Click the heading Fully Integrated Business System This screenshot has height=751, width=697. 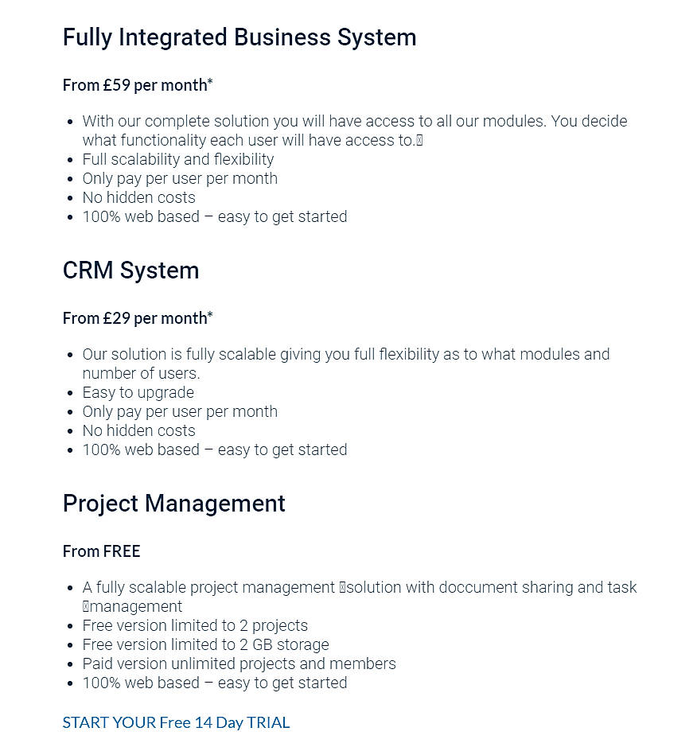pyautogui.click(x=239, y=37)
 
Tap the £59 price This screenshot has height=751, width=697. pyautogui.click(x=117, y=85)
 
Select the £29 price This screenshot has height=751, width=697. pyautogui.click(x=117, y=318)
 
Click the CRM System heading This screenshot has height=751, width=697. pyautogui.click(x=130, y=270)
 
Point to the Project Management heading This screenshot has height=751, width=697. pyautogui.click(x=173, y=504)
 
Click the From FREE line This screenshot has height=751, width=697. pyautogui.click(x=101, y=551)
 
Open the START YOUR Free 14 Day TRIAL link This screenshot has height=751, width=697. pyautogui.click(x=176, y=722)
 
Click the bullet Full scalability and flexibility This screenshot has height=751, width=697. pyautogui.click(x=177, y=159)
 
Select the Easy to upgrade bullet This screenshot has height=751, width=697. pyautogui.click(x=138, y=392)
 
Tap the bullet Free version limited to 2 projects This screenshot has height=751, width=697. pyautogui.click(x=195, y=625)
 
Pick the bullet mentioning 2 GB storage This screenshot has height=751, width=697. pyautogui.click(x=205, y=644)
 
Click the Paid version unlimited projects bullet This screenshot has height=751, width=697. pyautogui.click(x=239, y=663)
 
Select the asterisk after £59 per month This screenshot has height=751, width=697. pyautogui.click(x=210, y=83)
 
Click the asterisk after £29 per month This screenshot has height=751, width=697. pyautogui.click(x=210, y=316)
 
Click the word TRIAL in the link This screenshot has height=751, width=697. pyautogui.click(x=268, y=722)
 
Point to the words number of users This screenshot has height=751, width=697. pyautogui.click(x=141, y=373)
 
